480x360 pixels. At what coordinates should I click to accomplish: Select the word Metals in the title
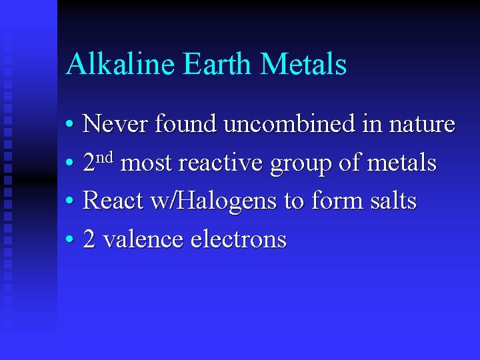coord(304,65)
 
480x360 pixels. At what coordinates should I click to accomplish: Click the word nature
coord(421,125)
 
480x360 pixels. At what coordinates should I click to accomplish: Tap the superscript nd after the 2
coord(107,157)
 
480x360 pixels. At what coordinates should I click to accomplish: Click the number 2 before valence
coord(90,239)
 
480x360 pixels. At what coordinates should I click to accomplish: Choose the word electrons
coord(238,239)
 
